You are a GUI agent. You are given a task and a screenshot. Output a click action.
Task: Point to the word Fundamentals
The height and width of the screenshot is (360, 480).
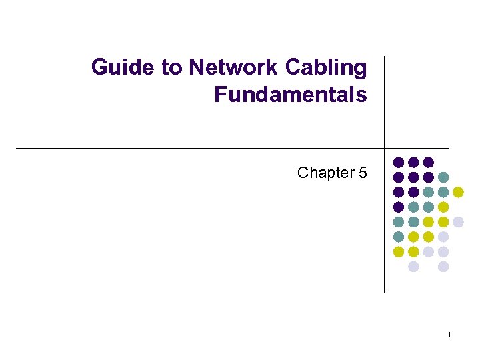point(291,95)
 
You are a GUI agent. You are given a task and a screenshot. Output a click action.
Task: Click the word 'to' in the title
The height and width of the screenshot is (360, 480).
point(169,68)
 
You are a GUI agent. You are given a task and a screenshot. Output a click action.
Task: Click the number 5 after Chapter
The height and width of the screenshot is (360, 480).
point(363,173)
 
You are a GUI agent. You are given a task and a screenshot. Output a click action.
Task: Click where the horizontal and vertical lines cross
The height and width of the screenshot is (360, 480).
point(385,148)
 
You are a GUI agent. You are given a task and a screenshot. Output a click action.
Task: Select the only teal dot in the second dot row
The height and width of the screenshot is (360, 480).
point(443,177)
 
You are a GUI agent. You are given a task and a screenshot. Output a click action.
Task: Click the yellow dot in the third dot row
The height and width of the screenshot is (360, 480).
point(458,192)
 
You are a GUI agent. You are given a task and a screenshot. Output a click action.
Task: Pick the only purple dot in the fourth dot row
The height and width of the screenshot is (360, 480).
point(399,207)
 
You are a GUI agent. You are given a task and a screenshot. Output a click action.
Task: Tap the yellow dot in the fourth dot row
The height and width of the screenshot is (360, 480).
point(443,207)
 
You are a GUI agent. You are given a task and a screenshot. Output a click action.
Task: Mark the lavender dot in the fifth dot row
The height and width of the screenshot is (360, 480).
point(458,222)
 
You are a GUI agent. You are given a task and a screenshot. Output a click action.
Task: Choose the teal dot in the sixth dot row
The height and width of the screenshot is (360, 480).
point(399,237)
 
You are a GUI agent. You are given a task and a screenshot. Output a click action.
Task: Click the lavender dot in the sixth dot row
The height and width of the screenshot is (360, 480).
point(443,237)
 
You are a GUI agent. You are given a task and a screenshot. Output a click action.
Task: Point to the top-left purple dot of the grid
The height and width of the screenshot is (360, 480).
point(399,162)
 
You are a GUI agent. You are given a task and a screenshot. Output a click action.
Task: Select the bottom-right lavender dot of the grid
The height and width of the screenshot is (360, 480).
point(443,267)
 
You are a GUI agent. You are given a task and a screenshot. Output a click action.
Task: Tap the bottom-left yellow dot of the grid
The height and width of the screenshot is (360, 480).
point(399,252)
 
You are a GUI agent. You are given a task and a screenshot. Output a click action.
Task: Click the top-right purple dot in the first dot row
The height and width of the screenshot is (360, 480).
point(429,162)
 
